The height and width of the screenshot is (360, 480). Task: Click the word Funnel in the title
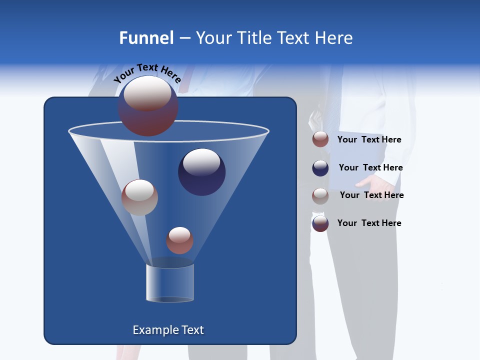point(146,38)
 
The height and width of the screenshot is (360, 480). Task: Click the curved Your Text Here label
point(147,73)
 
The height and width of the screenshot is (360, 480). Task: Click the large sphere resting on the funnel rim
point(148,105)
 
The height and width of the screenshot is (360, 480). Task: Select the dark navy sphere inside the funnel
point(202,172)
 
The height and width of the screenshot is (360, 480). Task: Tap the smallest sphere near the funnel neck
point(179,240)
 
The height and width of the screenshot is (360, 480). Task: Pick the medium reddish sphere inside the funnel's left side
point(139,197)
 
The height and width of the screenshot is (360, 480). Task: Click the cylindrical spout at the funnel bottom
point(170,283)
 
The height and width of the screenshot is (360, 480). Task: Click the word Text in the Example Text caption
point(192,330)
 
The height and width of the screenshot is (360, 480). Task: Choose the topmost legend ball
point(320,139)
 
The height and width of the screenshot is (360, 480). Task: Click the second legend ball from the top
point(320,168)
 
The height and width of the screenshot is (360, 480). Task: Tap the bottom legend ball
point(320,223)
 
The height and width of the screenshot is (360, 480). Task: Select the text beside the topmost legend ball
point(369,139)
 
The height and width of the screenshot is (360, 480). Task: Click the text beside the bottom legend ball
point(369,223)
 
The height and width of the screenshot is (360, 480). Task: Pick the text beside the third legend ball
point(371,195)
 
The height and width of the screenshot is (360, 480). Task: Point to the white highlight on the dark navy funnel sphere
point(201,161)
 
